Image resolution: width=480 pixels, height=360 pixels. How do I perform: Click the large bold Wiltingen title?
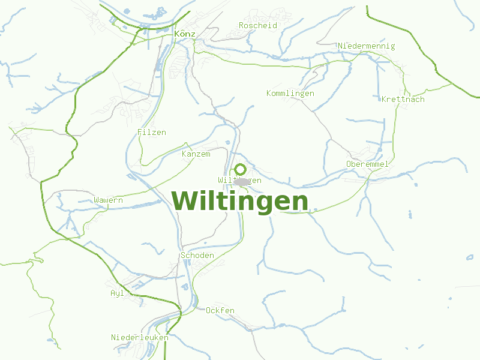(240, 201)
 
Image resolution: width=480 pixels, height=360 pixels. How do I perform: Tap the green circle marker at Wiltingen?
(240, 169)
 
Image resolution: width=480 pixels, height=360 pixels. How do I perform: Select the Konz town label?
(184, 34)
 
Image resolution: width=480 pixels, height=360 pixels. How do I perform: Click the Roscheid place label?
(258, 25)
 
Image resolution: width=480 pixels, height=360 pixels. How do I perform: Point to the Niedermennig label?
(367, 46)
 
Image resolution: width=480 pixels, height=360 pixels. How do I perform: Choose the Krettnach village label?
(403, 99)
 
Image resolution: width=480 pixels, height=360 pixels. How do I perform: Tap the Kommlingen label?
(290, 93)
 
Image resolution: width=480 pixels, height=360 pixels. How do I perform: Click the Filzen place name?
(151, 132)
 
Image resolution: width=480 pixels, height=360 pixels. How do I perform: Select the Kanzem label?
(196, 154)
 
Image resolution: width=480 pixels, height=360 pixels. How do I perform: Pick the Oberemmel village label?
(367, 164)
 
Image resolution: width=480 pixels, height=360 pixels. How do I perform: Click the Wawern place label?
(108, 200)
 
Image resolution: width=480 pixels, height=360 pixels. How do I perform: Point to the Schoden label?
(197, 255)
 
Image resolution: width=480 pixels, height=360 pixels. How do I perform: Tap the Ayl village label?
(117, 293)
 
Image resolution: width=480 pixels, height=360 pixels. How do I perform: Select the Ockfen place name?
(220, 310)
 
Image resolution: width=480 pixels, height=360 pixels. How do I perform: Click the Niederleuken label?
(139, 337)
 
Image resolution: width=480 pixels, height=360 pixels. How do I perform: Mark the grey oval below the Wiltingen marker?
(241, 181)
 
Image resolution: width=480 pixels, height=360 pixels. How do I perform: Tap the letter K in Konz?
(176, 34)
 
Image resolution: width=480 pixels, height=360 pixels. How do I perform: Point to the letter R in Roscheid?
(241, 25)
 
